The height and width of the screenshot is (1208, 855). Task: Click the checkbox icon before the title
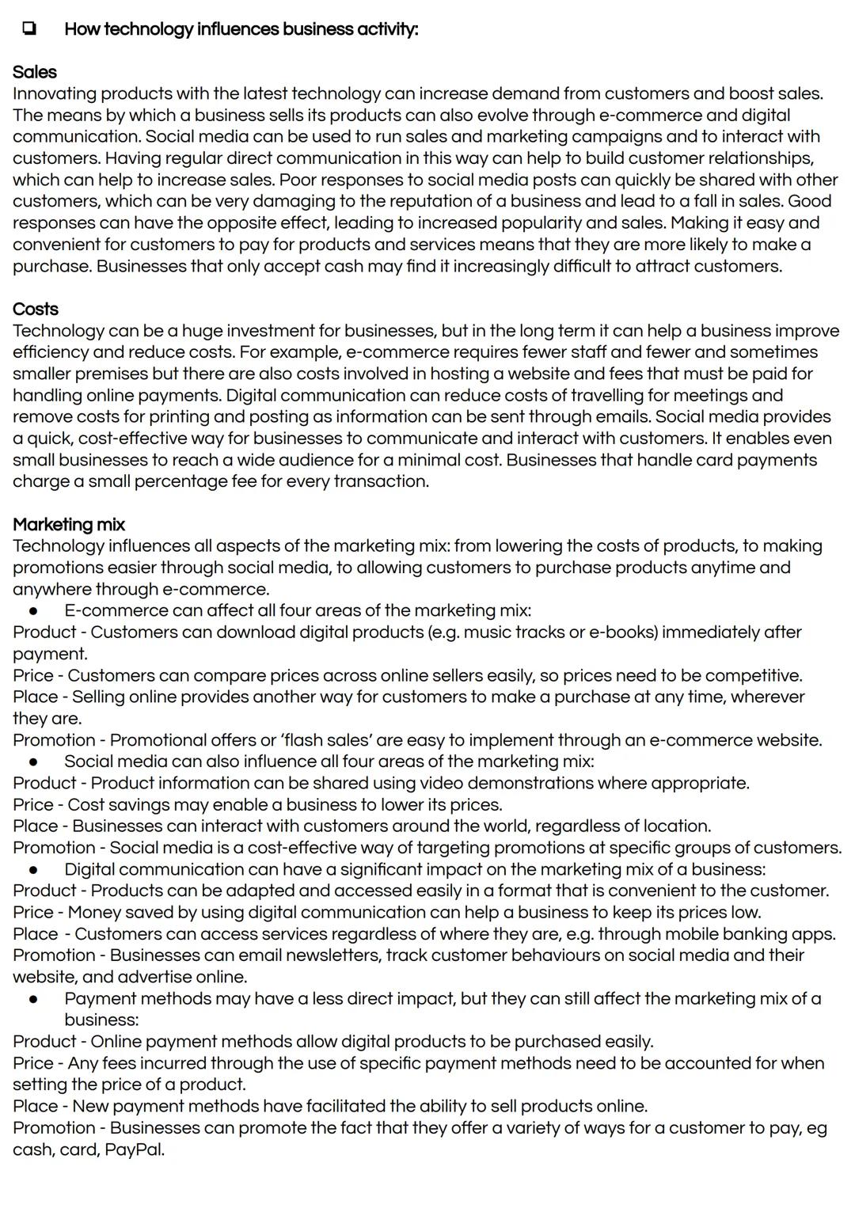point(28,29)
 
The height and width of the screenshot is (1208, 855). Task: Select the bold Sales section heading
point(34,72)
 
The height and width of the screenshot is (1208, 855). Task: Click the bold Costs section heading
point(35,309)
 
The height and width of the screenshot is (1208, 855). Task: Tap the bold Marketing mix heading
point(69,524)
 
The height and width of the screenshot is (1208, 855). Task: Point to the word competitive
point(751,675)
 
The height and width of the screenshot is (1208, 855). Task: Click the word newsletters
point(331,955)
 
